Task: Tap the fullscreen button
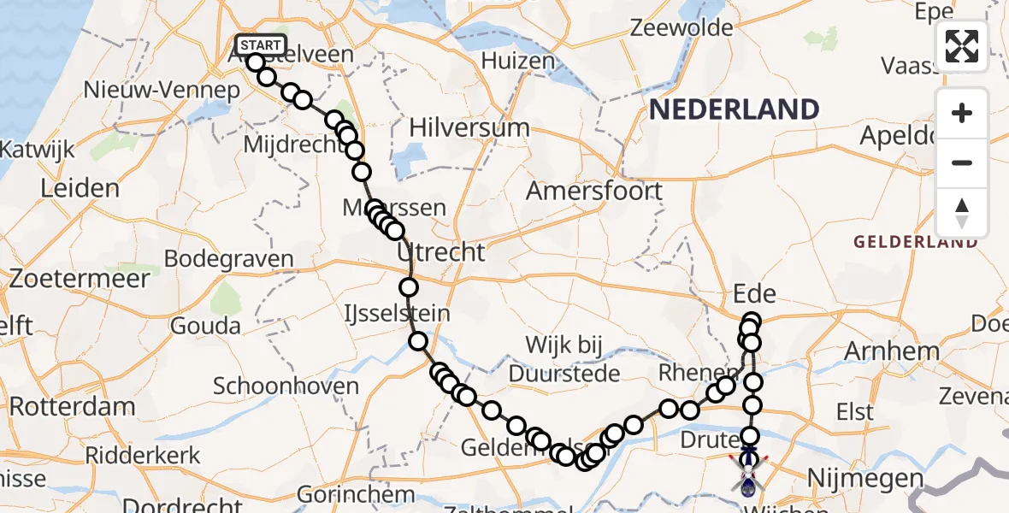click(x=962, y=46)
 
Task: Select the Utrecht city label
click(x=440, y=252)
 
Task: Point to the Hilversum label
click(x=469, y=128)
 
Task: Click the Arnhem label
click(x=892, y=351)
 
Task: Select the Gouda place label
click(x=205, y=326)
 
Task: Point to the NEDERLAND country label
click(x=734, y=109)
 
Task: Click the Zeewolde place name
click(x=682, y=27)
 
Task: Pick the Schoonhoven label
click(x=286, y=386)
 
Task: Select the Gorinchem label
click(x=356, y=494)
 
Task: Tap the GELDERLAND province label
click(x=915, y=242)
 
